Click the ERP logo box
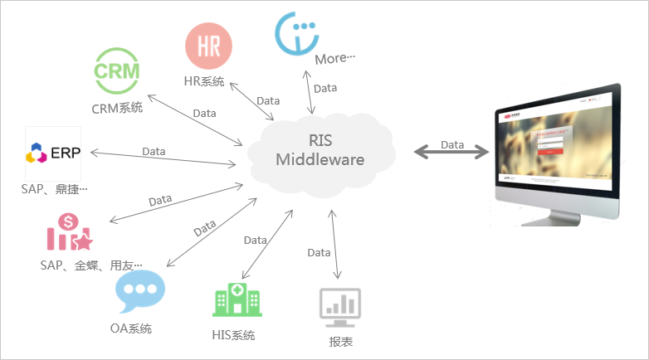(x=53, y=153)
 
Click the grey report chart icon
(x=340, y=306)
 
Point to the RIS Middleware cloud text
(x=320, y=151)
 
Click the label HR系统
(x=204, y=81)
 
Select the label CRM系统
(x=117, y=108)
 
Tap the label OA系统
(x=131, y=328)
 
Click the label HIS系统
(x=233, y=335)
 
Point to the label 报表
(x=341, y=341)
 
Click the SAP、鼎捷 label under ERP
(x=54, y=190)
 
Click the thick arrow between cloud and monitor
(x=451, y=151)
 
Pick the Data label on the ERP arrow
(x=154, y=151)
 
